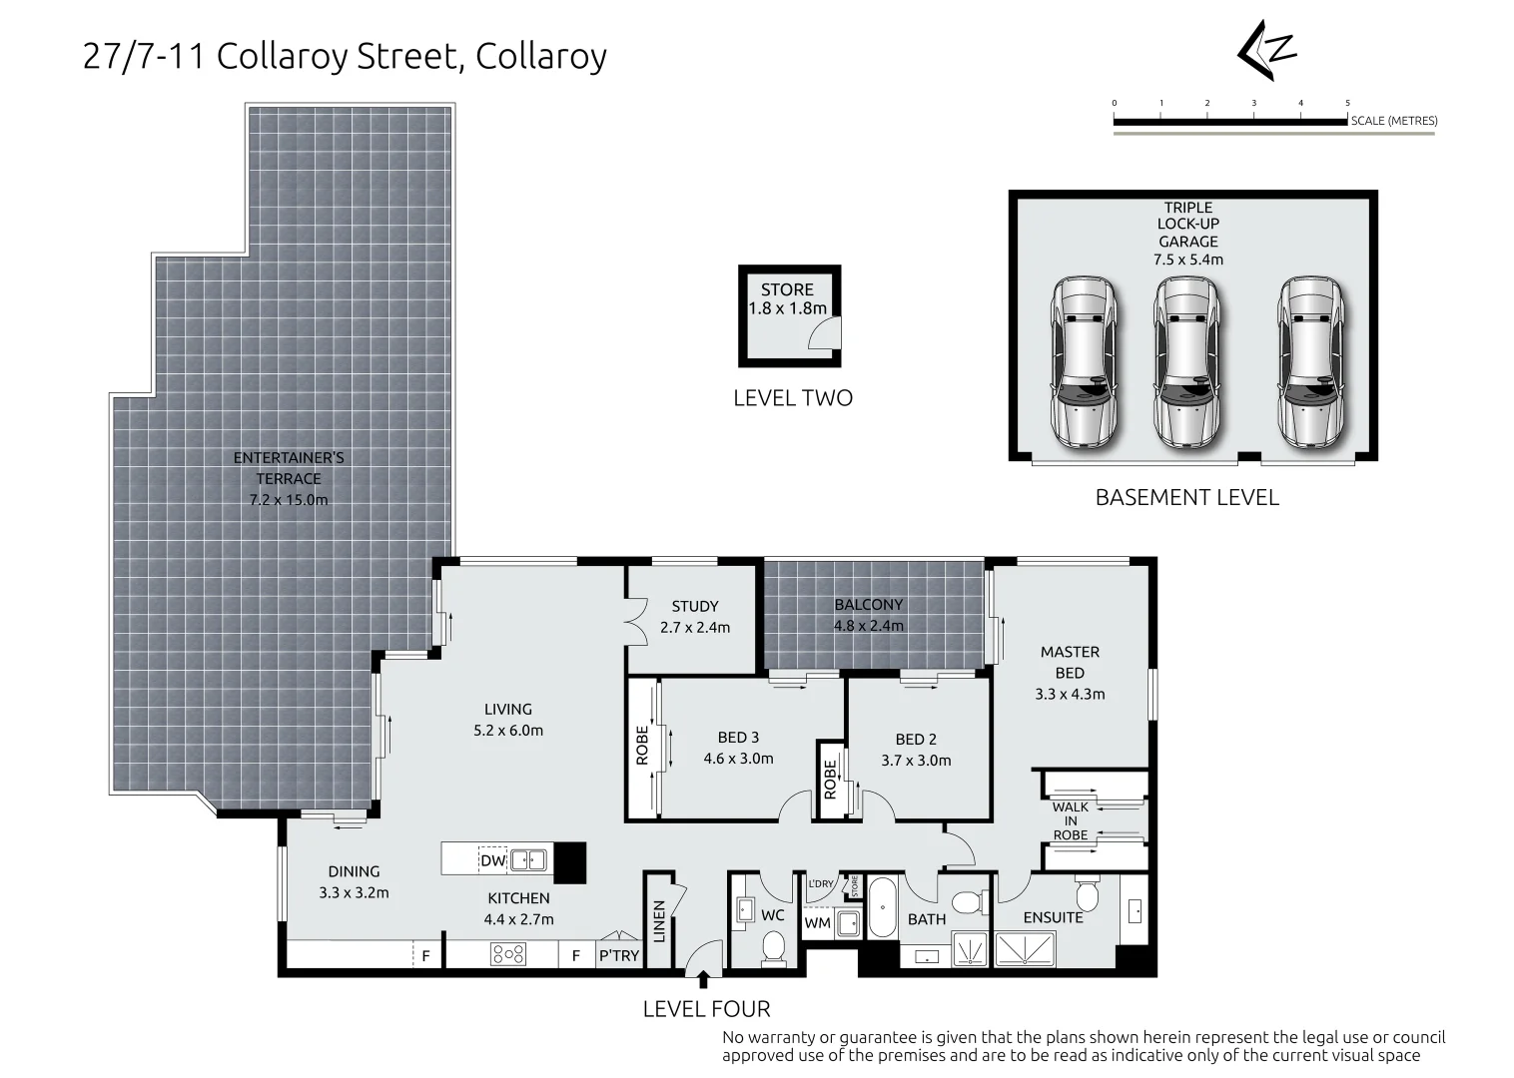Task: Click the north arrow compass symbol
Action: [x=1266, y=51]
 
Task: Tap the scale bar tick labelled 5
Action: [x=1347, y=104]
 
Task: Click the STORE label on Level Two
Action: [x=787, y=289]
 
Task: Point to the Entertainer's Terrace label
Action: [x=289, y=468]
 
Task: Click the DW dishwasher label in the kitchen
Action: [x=492, y=860]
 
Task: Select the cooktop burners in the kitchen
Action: [x=508, y=954]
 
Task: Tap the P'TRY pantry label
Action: [x=618, y=955]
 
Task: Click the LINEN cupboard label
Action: [x=658, y=919]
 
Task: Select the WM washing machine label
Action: [x=817, y=923]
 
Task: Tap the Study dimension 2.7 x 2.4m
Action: [x=694, y=628]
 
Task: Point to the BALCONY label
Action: [x=868, y=604]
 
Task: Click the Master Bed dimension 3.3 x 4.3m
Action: [x=1070, y=694]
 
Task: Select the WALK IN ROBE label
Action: [x=1070, y=820]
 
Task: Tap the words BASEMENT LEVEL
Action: [x=1186, y=497]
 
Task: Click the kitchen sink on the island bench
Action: [x=529, y=859]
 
